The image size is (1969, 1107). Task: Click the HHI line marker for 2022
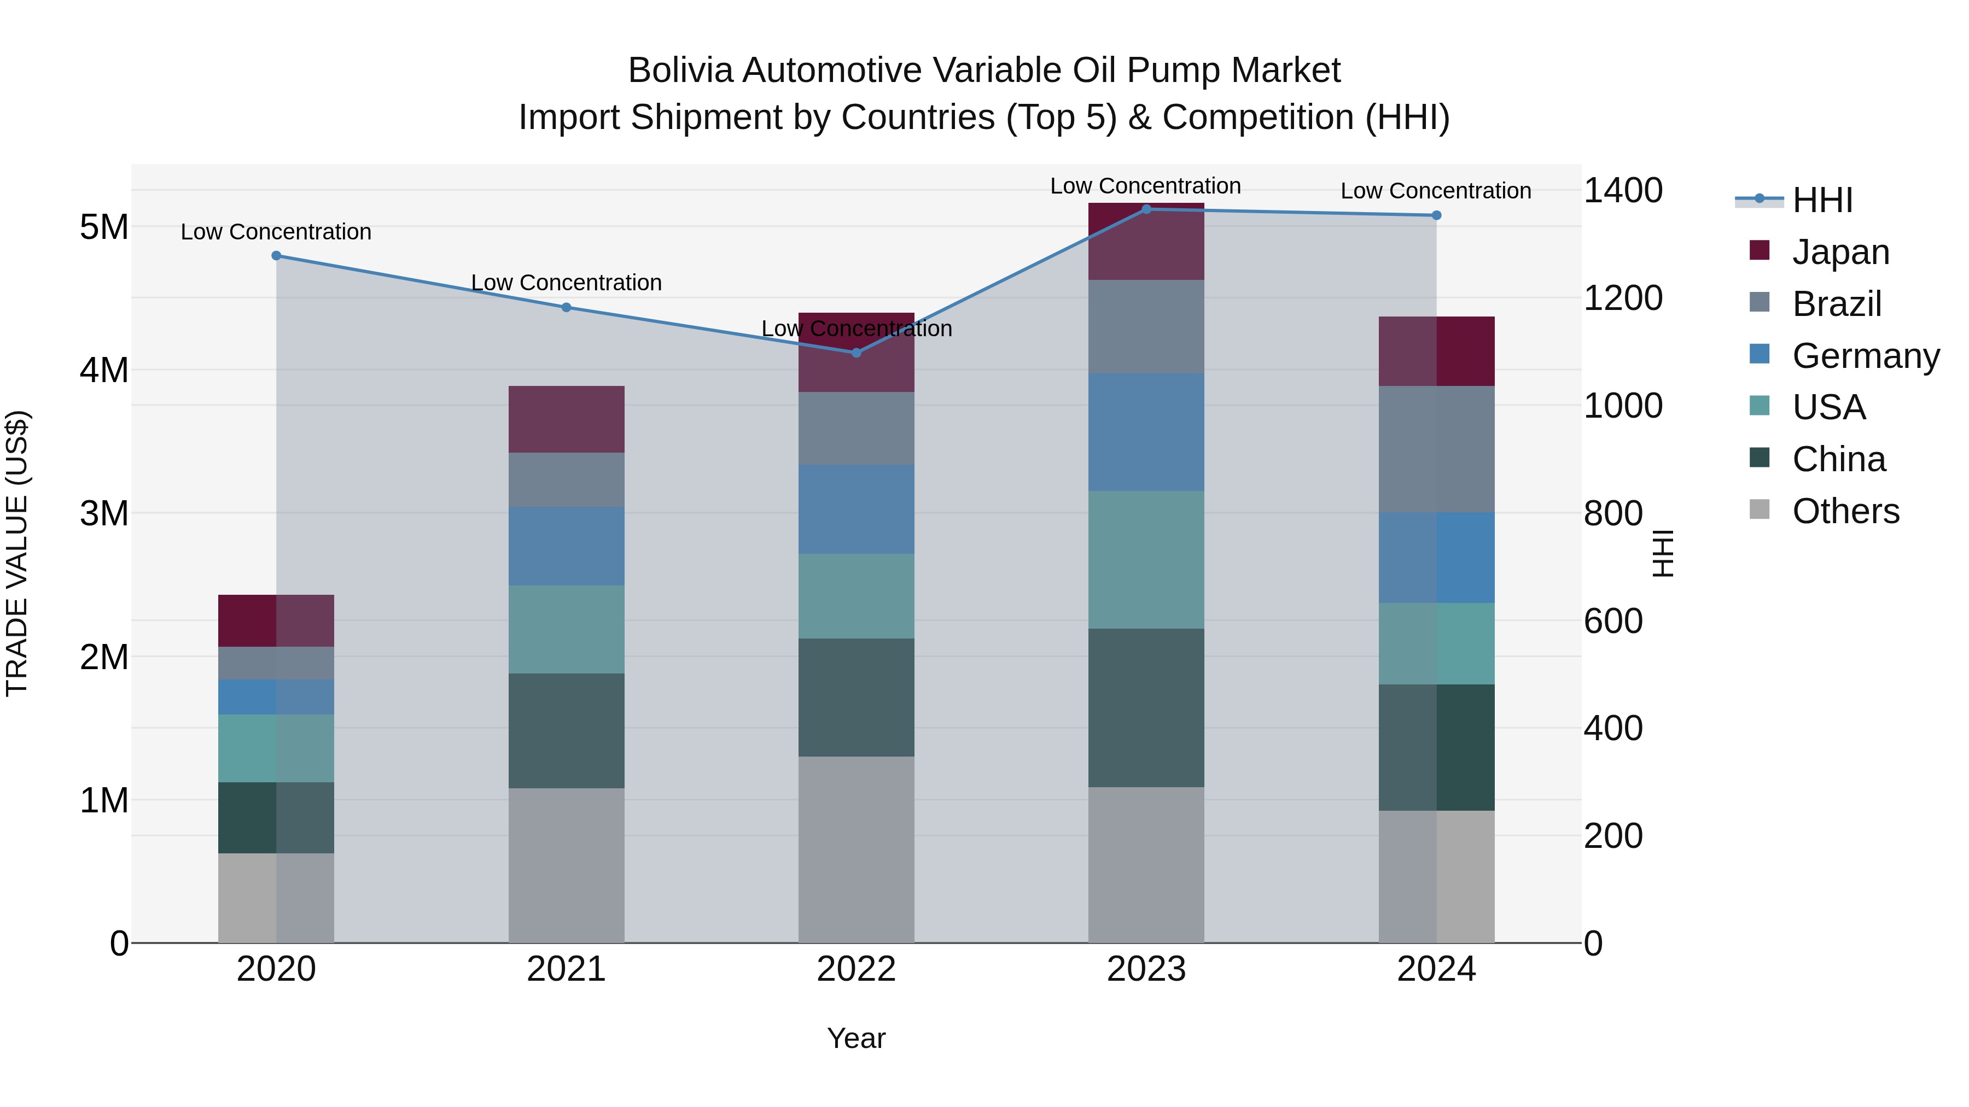[x=856, y=352]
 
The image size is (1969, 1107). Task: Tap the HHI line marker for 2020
[x=277, y=256]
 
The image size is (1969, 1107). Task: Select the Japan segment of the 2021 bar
[x=567, y=419]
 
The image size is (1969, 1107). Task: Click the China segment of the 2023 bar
[x=1146, y=707]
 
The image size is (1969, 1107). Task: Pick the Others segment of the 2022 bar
[x=856, y=849]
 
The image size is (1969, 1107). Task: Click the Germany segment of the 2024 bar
[x=1436, y=557]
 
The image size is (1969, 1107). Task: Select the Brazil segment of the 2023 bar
[x=1146, y=326]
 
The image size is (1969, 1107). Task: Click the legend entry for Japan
[x=1840, y=252]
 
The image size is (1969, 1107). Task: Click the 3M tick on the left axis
[x=104, y=513]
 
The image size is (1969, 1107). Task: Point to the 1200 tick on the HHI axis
[x=1622, y=298]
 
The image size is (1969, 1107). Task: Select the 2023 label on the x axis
[x=1146, y=969]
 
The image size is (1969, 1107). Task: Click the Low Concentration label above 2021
[x=567, y=283]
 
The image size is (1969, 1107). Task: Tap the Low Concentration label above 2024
[x=1436, y=191]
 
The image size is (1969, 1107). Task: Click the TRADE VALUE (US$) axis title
[x=17, y=553]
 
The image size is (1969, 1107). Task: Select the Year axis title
[x=856, y=1038]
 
